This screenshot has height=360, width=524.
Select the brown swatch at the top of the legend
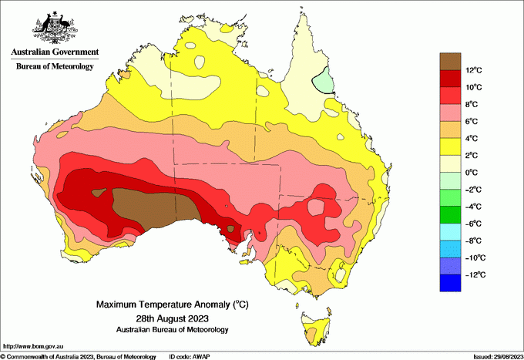click(x=450, y=61)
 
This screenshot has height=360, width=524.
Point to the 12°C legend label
click(x=478, y=70)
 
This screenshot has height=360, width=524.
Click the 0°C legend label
click(x=475, y=172)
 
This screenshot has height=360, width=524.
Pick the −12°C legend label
click(x=478, y=274)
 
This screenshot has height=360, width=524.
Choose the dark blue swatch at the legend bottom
click(x=450, y=283)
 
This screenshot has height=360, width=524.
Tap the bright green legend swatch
click(x=450, y=215)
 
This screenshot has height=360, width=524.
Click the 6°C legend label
click(x=475, y=121)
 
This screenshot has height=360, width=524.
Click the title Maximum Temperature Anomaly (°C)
click(x=172, y=305)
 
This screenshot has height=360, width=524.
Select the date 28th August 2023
click(x=172, y=318)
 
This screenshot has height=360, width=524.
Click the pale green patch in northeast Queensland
click(x=324, y=80)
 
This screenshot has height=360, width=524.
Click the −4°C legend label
click(x=478, y=207)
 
